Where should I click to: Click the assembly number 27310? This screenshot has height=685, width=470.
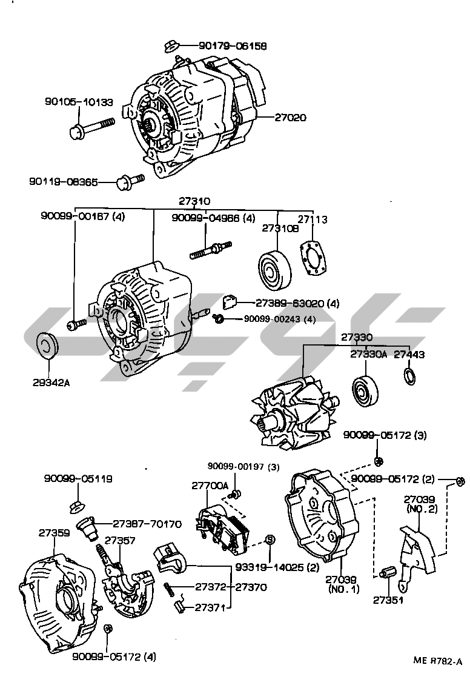[194, 201]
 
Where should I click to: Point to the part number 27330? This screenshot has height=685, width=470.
[356, 337]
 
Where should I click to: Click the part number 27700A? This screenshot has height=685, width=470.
[210, 486]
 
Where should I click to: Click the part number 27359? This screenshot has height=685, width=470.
[55, 533]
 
